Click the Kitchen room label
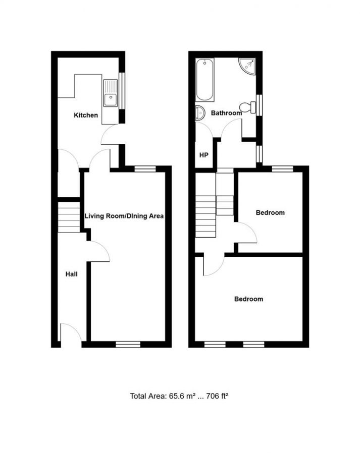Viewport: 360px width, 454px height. [x=86, y=116]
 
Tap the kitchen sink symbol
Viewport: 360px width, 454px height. [x=110, y=93]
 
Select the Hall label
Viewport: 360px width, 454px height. [x=71, y=274]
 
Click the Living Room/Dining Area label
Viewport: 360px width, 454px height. [x=124, y=216]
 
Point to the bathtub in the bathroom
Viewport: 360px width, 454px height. [x=204, y=80]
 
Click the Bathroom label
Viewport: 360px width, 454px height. [x=226, y=113]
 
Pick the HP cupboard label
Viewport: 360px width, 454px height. [x=204, y=155]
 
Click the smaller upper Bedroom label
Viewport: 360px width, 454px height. [x=270, y=213]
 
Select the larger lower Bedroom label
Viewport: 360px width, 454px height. [x=248, y=299]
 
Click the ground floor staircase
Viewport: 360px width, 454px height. [x=69, y=217]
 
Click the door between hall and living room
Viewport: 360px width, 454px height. [x=99, y=251]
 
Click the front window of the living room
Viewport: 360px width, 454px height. [x=128, y=345]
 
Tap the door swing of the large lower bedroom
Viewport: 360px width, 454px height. [x=213, y=265]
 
